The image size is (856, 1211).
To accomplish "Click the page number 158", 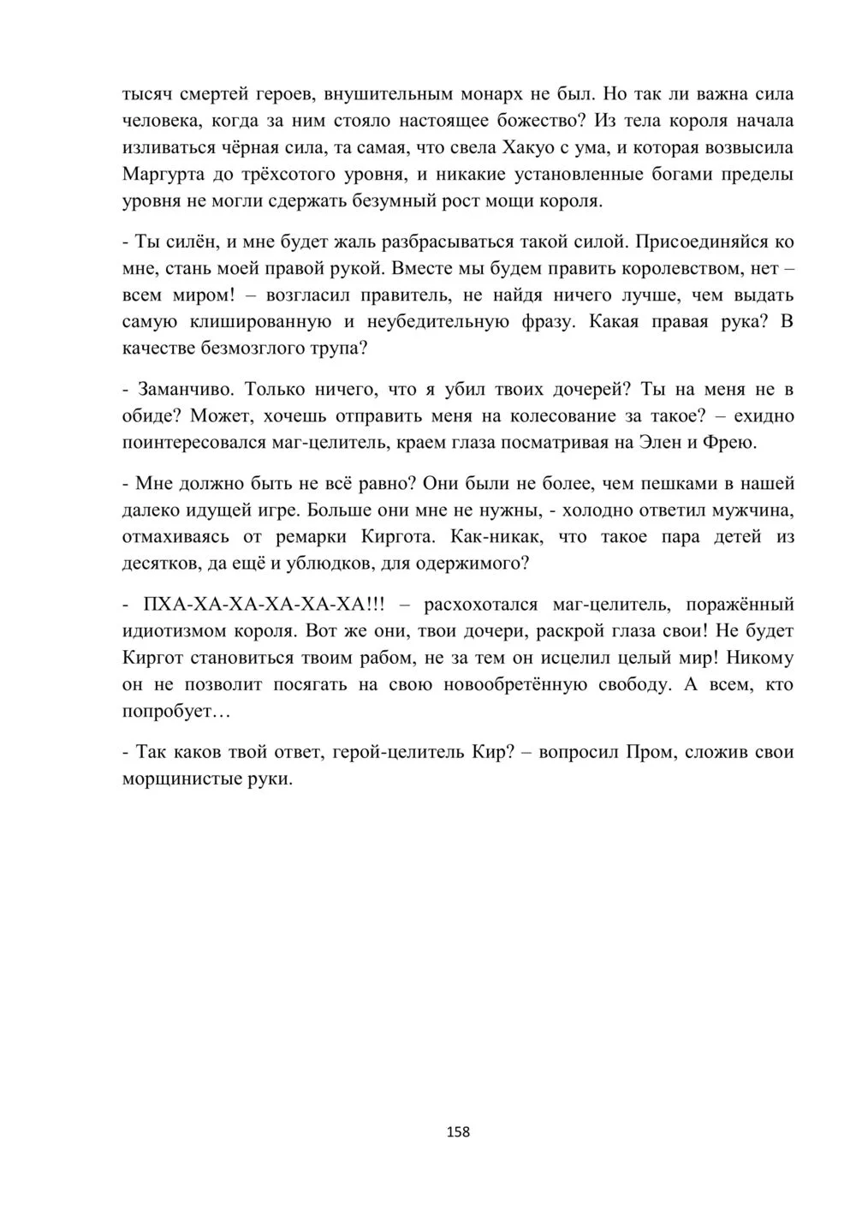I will [458, 1131].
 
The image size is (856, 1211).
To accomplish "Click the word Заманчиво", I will [183, 389].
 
